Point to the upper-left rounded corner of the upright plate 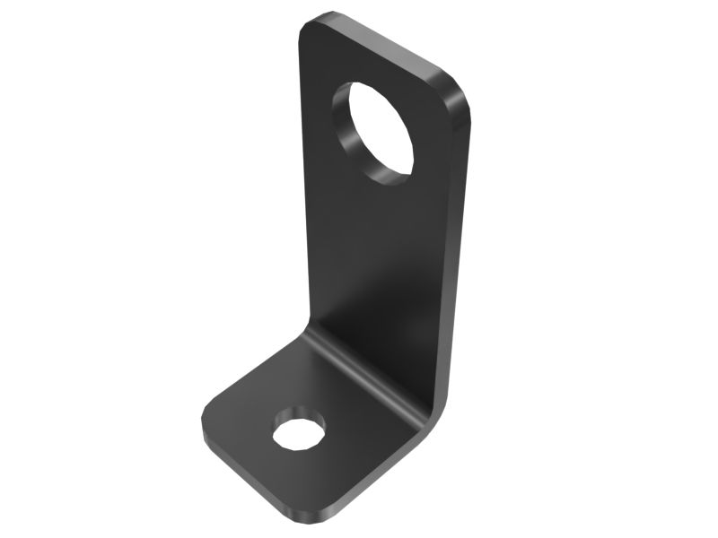(x=310, y=25)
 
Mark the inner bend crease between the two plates (x=359, y=368)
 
